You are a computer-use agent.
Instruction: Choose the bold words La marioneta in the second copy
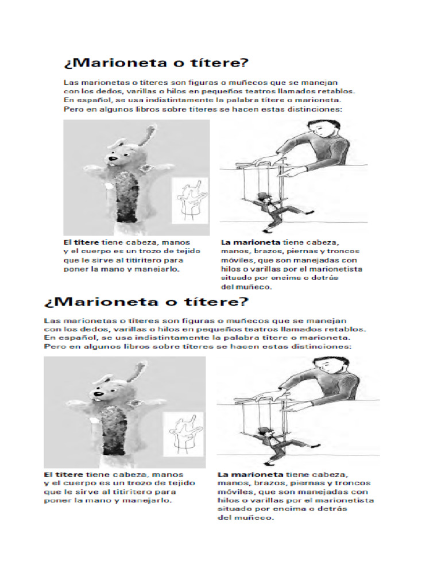(x=250, y=475)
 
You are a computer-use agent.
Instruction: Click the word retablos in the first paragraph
(x=335, y=91)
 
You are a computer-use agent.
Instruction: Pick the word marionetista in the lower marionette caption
(x=347, y=501)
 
